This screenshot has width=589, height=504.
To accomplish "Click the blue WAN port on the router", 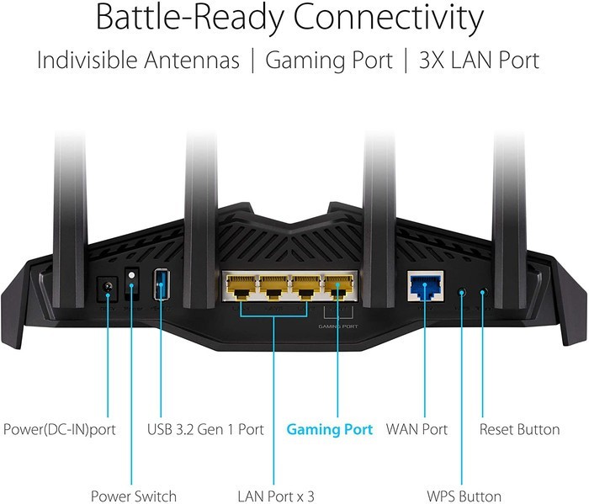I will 425,288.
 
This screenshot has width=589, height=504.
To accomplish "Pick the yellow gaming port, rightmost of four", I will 337,289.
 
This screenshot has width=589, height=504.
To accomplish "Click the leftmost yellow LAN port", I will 241,289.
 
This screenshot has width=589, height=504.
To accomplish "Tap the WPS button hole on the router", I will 460,292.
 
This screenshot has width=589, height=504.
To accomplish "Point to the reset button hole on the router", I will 483,292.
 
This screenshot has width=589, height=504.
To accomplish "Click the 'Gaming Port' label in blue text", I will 330,429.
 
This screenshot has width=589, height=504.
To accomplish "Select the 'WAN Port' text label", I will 417,429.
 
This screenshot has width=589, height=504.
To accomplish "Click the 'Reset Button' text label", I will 519,429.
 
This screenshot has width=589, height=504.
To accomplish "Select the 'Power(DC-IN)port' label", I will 59,429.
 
